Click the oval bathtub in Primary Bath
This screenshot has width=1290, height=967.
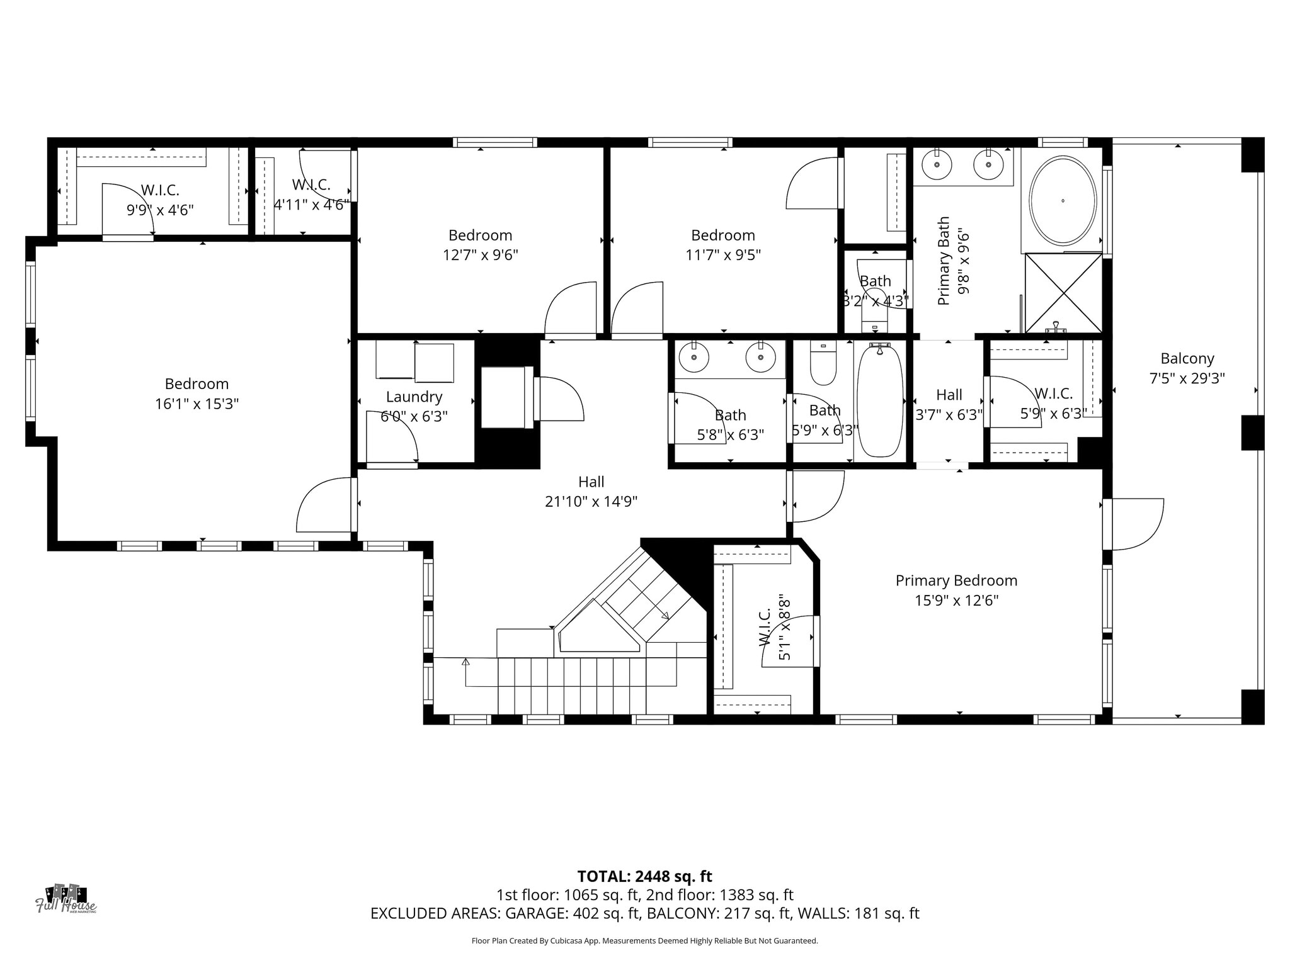coord(1063,201)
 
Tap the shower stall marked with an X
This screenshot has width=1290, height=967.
coord(1063,293)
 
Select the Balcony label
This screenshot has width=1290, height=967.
coord(1187,359)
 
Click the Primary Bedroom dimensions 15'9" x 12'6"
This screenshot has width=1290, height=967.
coord(956,601)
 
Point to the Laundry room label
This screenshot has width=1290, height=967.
coord(414,397)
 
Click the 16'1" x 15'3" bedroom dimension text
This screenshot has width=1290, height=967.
coord(197,404)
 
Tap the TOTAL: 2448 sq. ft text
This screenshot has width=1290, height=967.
coord(644,876)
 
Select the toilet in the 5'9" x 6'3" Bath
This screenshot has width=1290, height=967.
coord(823,365)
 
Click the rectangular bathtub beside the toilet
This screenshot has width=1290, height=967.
coord(880,400)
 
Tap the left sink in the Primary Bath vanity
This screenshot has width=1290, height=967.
coord(937,165)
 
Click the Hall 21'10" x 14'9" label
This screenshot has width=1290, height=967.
coord(591,492)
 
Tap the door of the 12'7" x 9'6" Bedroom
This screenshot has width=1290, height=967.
coord(569,308)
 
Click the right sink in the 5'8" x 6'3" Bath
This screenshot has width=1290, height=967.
coord(760,358)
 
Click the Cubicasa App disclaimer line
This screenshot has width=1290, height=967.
coord(644,941)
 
